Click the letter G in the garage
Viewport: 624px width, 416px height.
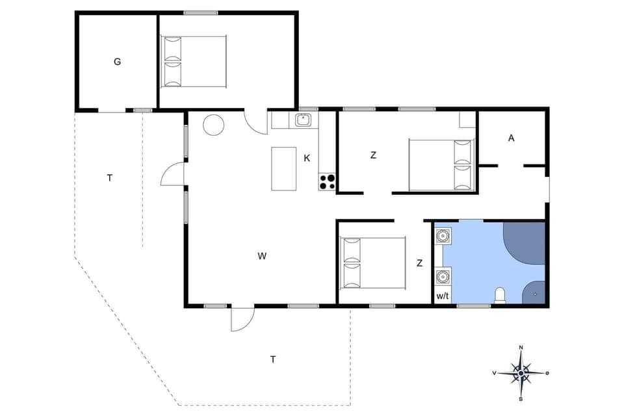117,62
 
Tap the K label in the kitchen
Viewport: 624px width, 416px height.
307,157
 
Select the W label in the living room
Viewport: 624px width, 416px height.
262,256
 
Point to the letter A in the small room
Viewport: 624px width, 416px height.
512,138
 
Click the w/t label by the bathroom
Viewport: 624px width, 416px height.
443,296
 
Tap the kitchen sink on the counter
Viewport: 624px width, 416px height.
303,120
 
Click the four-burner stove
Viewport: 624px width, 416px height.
327,181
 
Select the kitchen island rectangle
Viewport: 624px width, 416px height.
283,168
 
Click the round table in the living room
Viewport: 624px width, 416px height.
213,125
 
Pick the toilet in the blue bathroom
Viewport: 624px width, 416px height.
500,296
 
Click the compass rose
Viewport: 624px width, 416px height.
521,372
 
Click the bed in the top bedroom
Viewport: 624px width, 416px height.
194,62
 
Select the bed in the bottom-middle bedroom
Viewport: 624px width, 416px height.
374,263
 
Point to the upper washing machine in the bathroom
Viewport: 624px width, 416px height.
443,235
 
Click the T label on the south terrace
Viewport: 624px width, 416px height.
273,359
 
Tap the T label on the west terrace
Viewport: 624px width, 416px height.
110,177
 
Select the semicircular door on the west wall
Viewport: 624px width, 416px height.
173,174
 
